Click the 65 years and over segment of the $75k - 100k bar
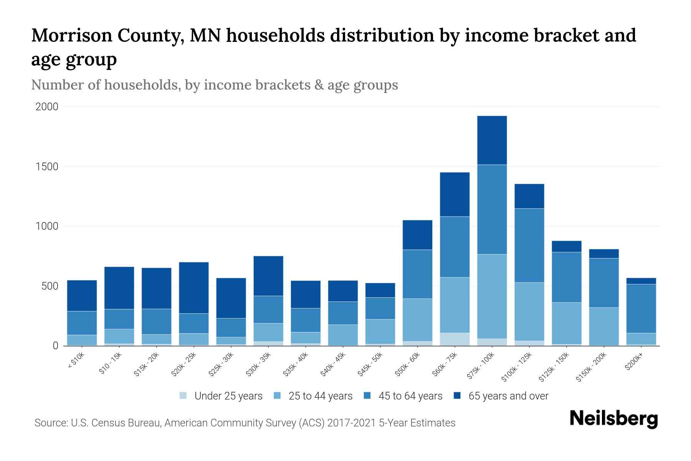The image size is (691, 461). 492,140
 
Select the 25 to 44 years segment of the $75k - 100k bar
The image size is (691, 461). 492,296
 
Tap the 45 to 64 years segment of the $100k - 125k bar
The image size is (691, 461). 529,245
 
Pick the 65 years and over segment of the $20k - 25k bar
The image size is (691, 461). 194,288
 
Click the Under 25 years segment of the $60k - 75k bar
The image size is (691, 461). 455,339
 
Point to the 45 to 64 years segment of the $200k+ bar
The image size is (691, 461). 641,308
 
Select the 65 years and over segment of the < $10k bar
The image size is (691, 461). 82,296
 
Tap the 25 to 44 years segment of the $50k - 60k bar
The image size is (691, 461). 417,320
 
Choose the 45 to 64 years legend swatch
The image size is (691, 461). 367,396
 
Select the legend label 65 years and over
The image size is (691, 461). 508,396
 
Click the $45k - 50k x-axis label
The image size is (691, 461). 370,365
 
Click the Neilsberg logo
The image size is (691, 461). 613,419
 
